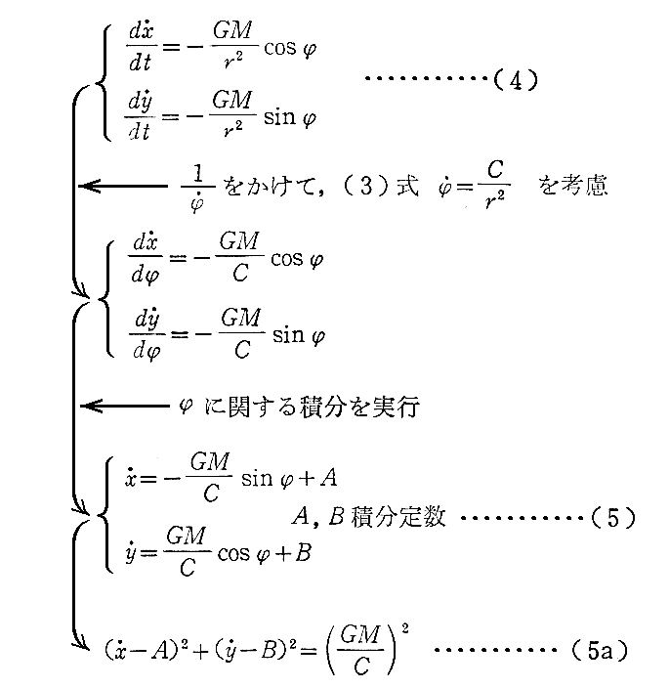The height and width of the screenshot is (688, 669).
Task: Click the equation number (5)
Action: point(612,518)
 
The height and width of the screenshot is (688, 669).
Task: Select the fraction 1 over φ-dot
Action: point(196,185)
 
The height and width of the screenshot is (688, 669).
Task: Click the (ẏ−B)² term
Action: point(243,648)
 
